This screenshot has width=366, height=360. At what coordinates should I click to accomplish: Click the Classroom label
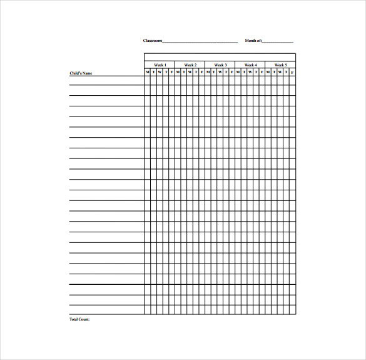153,41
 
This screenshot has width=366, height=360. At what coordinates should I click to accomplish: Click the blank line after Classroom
200,42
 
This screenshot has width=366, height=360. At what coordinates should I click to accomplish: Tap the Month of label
253,41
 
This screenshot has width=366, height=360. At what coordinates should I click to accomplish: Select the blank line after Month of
278,42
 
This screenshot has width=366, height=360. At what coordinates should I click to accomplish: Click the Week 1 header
160,65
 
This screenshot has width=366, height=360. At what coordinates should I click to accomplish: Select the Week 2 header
190,65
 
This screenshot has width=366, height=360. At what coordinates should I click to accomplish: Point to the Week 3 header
220,65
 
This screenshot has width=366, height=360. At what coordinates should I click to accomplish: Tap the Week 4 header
250,65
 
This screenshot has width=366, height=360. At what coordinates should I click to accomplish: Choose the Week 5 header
281,65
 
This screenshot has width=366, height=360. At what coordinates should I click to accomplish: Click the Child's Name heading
81,73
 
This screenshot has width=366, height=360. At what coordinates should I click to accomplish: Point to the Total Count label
79,319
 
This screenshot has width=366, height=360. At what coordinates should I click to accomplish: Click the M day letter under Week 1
148,72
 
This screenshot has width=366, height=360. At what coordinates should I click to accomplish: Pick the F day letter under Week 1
171,72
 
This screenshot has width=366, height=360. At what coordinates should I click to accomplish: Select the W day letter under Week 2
190,72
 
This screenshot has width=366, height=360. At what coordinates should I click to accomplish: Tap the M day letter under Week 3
208,72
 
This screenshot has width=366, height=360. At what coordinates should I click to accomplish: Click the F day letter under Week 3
232,72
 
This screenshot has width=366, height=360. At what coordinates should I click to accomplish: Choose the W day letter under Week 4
250,72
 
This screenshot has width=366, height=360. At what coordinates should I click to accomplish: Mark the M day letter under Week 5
268,72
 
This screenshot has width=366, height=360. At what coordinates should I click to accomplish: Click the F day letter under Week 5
293,72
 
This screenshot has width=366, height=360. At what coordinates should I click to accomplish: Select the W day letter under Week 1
160,72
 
